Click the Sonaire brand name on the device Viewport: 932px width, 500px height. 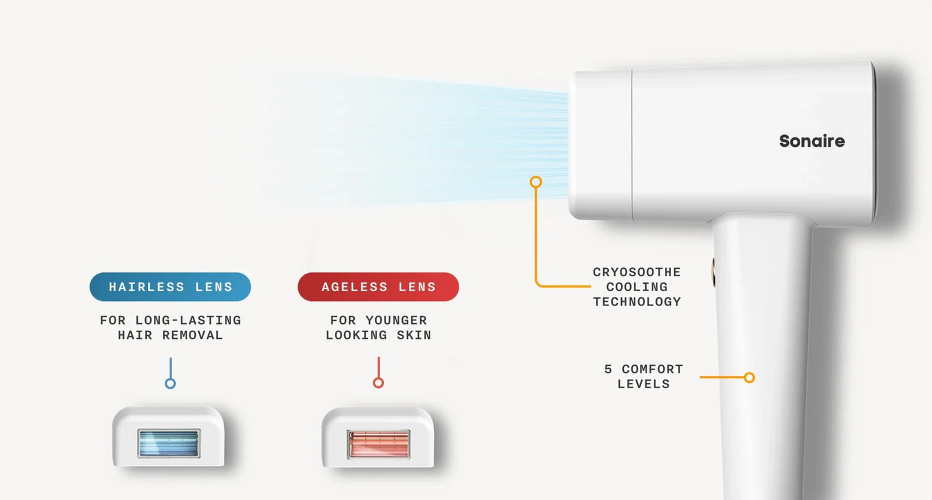(811, 141)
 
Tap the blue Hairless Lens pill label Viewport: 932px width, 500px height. (170, 287)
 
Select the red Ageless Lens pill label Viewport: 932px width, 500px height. (378, 287)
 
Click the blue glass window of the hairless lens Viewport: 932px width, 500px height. (169, 443)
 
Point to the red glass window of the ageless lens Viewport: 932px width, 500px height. (378, 445)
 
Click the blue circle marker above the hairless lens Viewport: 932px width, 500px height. (170, 384)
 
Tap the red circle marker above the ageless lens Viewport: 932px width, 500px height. (378, 382)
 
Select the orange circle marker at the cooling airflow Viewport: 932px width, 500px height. (536, 182)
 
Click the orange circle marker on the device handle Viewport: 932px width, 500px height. (749, 377)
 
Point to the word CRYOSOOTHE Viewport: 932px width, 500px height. (637, 272)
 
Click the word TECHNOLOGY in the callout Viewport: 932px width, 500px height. (637, 302)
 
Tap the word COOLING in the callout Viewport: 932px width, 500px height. (637, 287)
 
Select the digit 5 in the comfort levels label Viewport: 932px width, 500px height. (608, 369)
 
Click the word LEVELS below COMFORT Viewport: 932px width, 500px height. (644, 384)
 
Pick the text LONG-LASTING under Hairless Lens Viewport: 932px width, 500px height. (188, 320)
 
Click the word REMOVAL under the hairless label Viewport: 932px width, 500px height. (193, 335)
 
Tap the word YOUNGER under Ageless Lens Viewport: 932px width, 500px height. (396, 320)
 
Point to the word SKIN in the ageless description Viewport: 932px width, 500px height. (414, 335)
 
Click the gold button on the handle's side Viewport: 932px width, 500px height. (713, 272)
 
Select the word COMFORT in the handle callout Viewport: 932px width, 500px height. (652, 369)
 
